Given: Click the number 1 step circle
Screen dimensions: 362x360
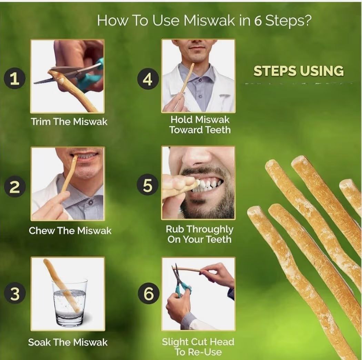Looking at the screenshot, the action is coord(14,79).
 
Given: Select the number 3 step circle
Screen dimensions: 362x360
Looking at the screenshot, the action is coord(14,294).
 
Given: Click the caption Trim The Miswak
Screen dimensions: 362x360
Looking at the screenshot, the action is coord(69,121).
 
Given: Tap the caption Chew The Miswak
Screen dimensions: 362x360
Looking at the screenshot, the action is coord(70,230).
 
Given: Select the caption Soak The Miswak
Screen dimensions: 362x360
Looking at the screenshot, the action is coord(68,342).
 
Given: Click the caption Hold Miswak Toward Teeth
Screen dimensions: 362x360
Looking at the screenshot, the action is coord(200,125).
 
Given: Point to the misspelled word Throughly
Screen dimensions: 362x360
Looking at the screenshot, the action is coord(210,229).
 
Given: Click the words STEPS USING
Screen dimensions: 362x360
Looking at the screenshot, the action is coord(299,71).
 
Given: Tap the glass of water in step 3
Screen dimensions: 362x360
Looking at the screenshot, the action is coord(70,302).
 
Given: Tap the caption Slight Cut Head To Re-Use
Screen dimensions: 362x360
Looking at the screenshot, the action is coord(198,347).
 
